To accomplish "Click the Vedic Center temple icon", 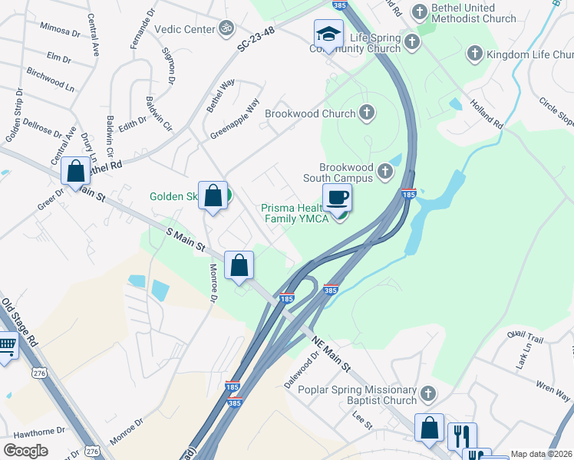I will point(226,28).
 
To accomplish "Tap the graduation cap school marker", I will point(328,34).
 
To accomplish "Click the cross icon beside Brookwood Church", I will point(367,113).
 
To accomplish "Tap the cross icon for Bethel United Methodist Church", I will point(419,11).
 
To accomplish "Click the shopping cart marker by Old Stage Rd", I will point(6,347).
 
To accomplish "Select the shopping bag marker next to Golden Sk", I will point(213,194).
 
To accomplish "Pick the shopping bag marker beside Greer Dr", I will point(76,171).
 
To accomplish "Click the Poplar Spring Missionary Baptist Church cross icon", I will point(427,395).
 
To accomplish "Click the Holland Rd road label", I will point(486,113).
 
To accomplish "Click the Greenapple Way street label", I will point(236,117).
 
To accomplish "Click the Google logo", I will point(25,450).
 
